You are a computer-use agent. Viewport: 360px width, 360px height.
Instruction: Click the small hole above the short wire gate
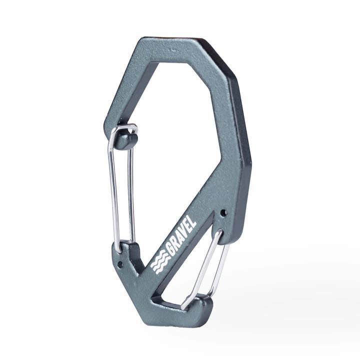click(x=223, y=212)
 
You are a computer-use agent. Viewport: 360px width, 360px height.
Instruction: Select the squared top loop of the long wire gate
click(x=123, y=128)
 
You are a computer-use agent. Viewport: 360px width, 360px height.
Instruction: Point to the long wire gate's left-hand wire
click(x=112, y=190)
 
